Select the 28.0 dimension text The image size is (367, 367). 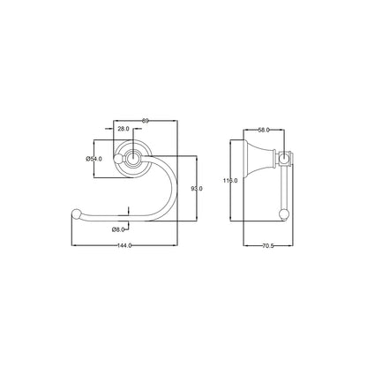[124, 130]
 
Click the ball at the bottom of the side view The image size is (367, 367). [284, 213]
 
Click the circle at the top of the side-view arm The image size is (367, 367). [283, 159]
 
